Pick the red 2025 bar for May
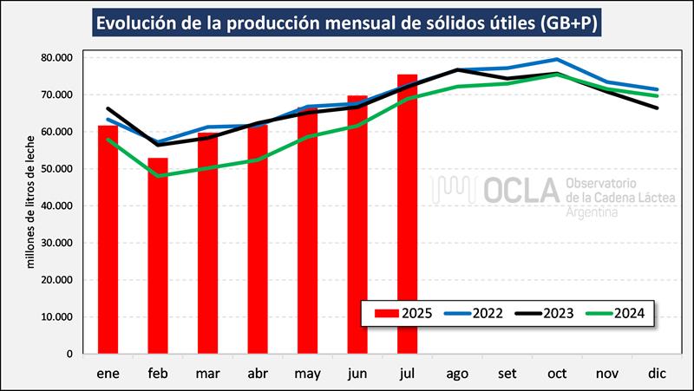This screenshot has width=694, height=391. tap(307, 231)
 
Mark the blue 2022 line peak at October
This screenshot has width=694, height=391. tap(556, 60)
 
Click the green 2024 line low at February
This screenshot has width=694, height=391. tap(158, 176)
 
